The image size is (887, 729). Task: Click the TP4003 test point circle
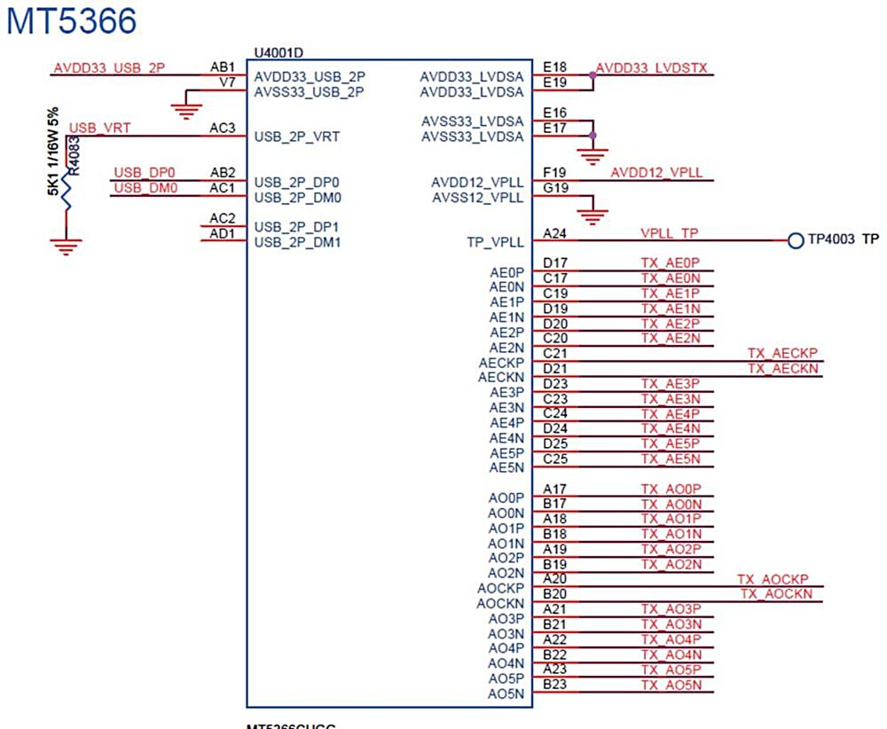[x=795, y=240]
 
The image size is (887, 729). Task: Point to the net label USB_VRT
[x=99, y=129]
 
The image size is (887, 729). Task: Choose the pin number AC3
[x=222, y=129]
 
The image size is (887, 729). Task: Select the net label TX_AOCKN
[x=776, y=593]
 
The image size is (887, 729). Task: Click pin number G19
[x=555, y=188]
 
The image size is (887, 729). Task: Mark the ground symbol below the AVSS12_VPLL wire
[x=593, y=215]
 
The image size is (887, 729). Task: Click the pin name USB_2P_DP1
[x=297, y=226]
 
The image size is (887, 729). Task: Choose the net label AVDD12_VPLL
[x=656, y=173]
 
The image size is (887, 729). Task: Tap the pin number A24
[x=555, y=233]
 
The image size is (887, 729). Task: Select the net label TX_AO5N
[x=671, y=685]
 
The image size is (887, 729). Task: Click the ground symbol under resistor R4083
[x=64, y=245]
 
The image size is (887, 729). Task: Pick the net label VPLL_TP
[x=670, y=233]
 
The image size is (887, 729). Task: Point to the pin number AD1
[x=222, y=233]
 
